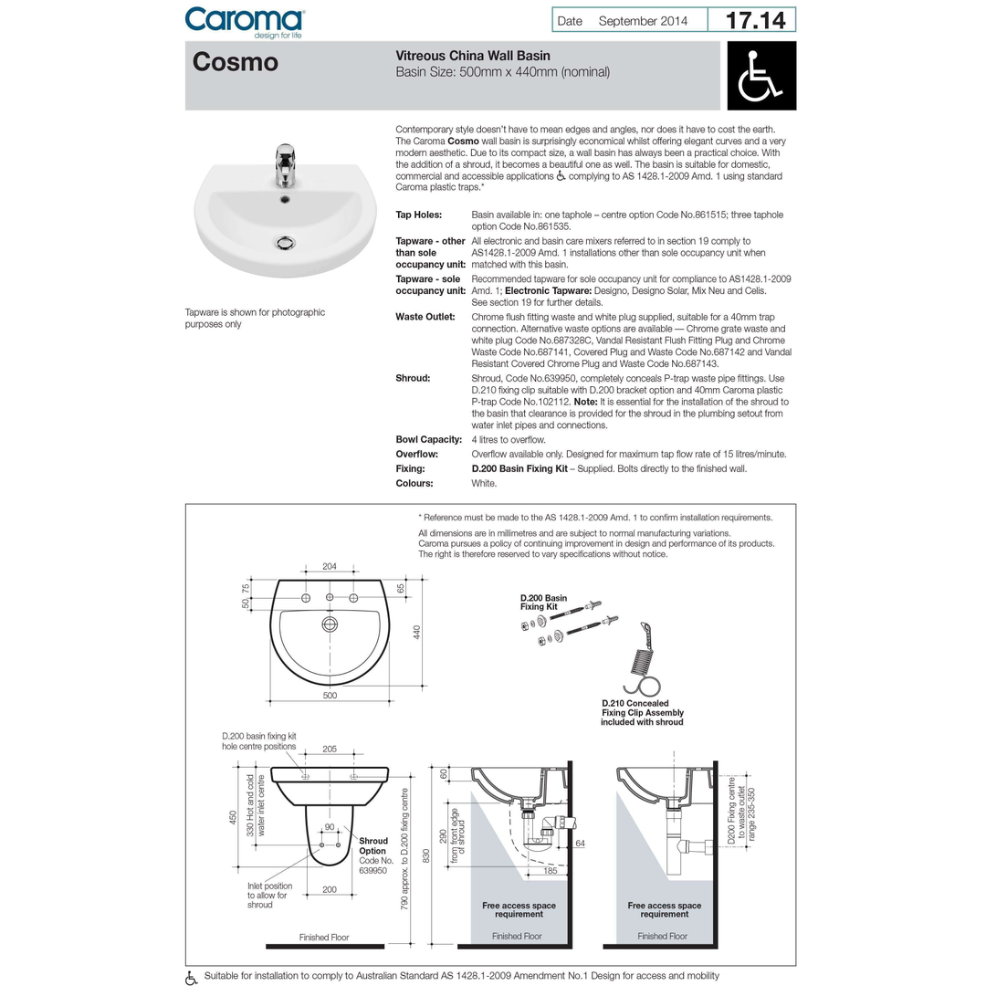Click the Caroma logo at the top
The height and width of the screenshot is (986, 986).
click(x=245, y=20)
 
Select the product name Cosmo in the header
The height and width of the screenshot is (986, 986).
click(x=236, y=63)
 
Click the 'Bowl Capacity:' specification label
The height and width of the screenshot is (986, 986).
click(x=428, y=439)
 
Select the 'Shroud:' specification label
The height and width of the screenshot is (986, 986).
click(x=413, y=377)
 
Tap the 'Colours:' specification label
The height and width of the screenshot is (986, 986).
click(x=414, y=483)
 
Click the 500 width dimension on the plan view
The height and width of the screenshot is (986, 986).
click(x=330, y=696)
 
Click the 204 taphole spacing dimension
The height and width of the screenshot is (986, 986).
click(x=330, y=567)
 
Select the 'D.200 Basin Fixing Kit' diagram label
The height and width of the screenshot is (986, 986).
click(x=544, y=603)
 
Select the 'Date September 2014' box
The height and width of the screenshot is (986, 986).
click(x=630, y=20)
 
